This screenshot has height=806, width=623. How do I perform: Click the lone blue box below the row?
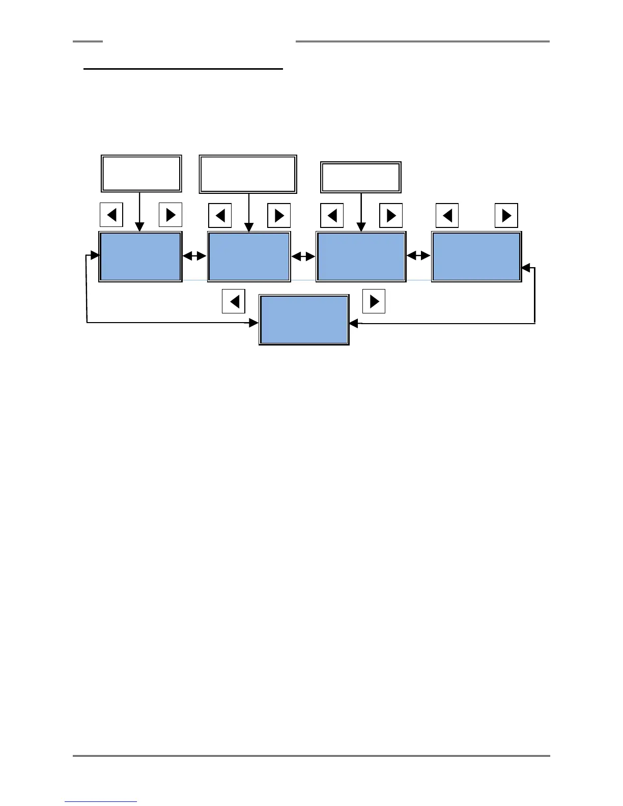pyautogui.click(x=304, y=320)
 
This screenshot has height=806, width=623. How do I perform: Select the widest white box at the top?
pyautogui.click(x=248, y=175)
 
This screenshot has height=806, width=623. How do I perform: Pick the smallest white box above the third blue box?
pyautogui.click(x=360, y=177)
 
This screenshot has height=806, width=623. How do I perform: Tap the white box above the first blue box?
pyautogui.click(x=141, y=174)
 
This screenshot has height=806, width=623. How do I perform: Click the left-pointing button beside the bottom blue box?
pyautogui.click(x=234, y=301)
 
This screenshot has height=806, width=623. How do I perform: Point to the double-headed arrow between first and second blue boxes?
pyautogui.click(x=194, y=256)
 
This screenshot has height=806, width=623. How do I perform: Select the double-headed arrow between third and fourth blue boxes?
pyautogui.click(x=418, y=256)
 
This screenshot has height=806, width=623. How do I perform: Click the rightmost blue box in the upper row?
pyautogui.click(x=476, y=256)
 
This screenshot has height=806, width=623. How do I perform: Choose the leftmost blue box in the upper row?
pyautogui.click(x=140, y=256)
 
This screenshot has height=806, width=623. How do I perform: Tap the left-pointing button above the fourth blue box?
pyautogui.click(x=447, y=215)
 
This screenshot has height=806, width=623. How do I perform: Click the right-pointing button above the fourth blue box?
pyautogui.click(x=506, y=215)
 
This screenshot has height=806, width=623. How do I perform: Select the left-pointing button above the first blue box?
pyautogui.click(x=111, y=215)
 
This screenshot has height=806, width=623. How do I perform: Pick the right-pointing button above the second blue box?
pyautogui.click(x=279, y=215)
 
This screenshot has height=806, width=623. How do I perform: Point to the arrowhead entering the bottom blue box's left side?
pyautogui.click(x=254, y=323)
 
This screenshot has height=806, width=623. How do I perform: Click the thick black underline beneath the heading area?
pyautogui.click(x=183, y=69)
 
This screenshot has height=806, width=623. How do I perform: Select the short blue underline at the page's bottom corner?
pyautogui.click(x=101, y=801)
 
